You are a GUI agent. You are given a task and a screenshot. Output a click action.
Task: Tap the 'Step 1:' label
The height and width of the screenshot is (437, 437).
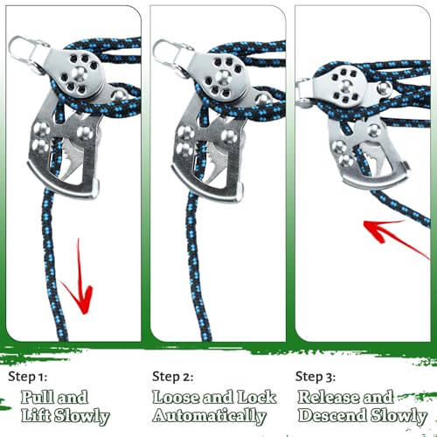coord(28,377)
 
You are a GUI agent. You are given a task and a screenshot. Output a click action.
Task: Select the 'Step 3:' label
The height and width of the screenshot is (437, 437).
coord(316,377)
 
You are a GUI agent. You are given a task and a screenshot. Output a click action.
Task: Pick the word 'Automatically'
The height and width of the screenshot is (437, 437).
coord(209,416)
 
